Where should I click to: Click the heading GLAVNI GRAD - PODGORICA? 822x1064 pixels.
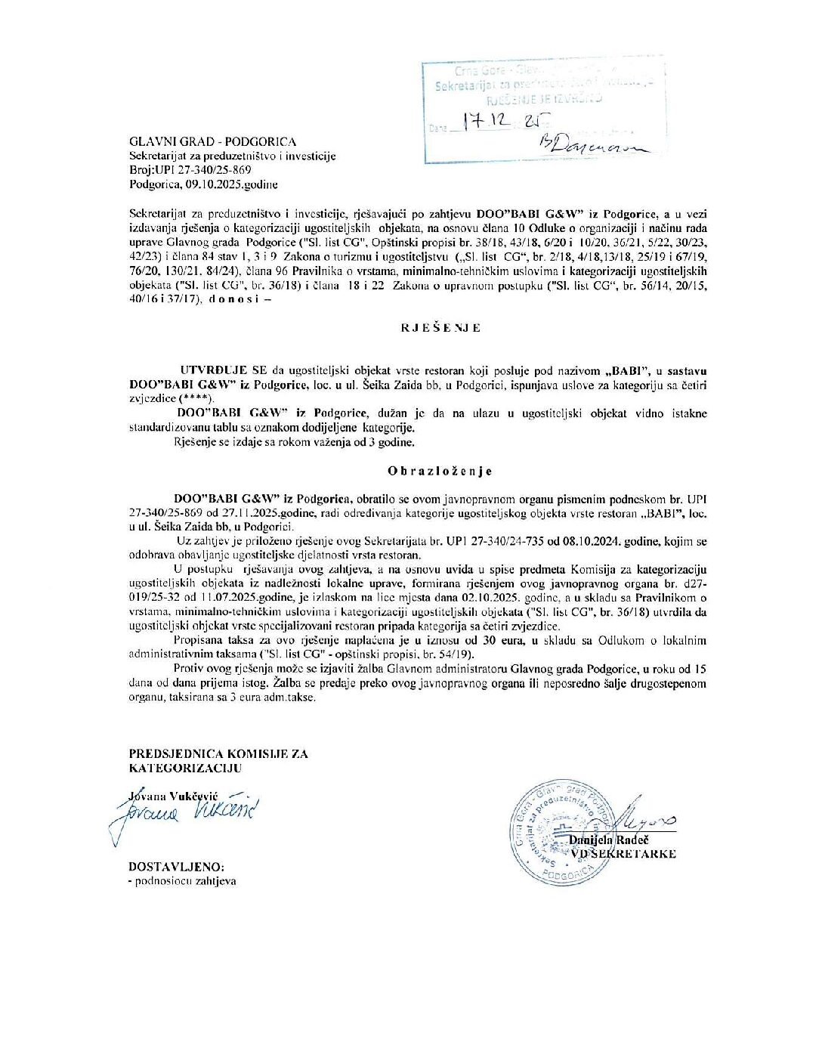[x=213, y=141]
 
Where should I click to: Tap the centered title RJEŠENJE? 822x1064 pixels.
[x=440, y=328]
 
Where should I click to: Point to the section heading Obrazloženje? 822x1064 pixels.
[x=440, y=471]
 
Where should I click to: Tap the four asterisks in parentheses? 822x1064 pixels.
[x=196, y=398]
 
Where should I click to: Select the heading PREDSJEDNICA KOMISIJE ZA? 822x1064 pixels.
[x=218, y=753]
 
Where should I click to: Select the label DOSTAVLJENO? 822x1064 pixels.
[x=176, y=867]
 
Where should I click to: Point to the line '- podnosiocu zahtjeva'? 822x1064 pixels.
[x=182, y=881]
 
